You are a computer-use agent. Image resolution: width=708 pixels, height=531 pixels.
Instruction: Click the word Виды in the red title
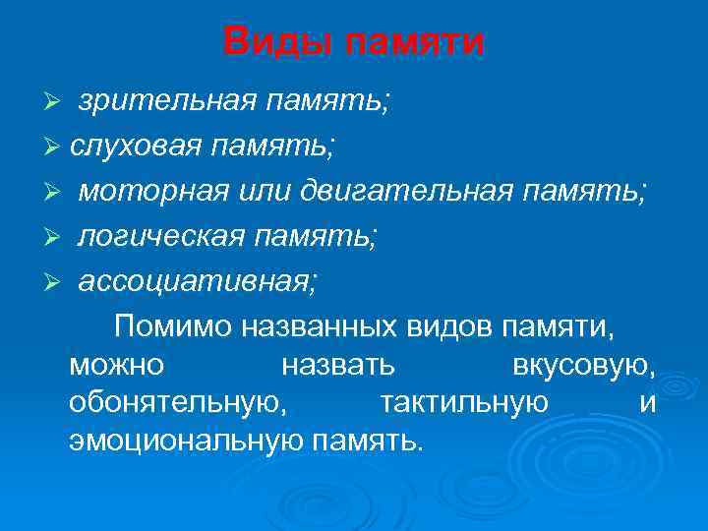[268, 42]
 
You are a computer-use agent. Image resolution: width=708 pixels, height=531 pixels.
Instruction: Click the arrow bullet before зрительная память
[57, 102]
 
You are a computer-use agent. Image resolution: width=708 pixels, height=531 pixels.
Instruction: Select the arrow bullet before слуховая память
[57, 147]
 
